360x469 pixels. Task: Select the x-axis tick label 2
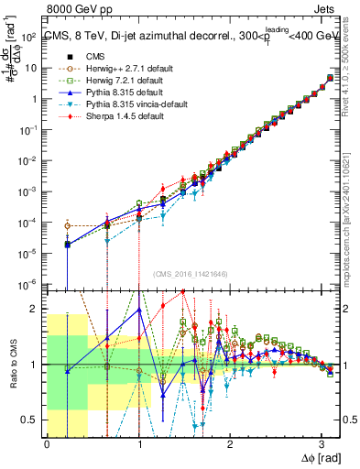[230, 445]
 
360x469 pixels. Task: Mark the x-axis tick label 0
[47, 445]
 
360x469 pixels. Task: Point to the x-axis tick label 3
[322, 445]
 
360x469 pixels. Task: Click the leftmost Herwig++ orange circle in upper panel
[67, 225]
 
